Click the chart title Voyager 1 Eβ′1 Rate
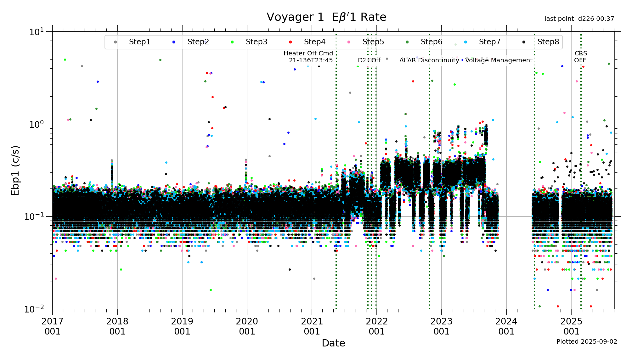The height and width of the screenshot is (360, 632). click(x=326, y=17)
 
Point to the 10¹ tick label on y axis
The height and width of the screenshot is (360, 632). click(x=36, y=32)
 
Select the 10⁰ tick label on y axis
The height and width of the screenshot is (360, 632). click(x=36, y=124)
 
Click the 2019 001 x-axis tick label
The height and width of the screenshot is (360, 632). click(x=182, y=326)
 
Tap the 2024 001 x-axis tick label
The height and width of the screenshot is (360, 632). click(x=506, y=326)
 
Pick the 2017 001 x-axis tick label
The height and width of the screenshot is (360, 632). click(x=52, y=326)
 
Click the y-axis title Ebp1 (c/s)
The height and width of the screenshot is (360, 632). click(x=15, y=170)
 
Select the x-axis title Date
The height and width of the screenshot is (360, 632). click(x=333, y=343)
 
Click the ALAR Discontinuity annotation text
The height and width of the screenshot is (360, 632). click(x=429, y=60)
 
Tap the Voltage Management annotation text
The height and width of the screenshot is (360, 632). click(x=499, y=60)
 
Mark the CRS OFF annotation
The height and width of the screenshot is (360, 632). click(x=580, y=57)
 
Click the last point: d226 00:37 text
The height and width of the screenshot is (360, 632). click(x=579, y=19)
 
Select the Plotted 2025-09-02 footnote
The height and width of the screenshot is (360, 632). click(x=587, y=341)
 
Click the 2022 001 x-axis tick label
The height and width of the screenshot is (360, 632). click(x=376, y=326)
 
